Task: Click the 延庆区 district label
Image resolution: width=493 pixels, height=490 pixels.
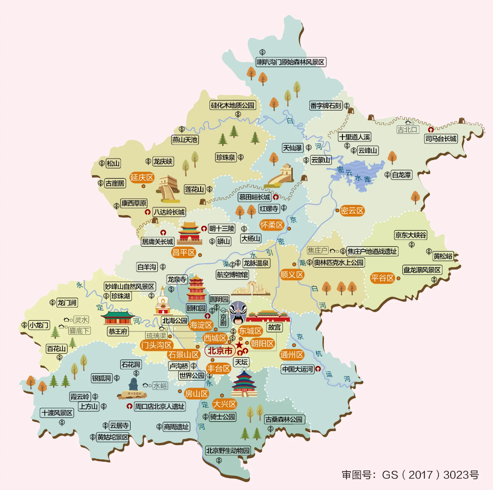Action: click(x=142, y=178)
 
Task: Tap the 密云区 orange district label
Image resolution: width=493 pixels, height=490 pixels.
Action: click(x=353, y=211)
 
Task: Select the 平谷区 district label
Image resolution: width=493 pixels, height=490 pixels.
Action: click(x=382, y=278)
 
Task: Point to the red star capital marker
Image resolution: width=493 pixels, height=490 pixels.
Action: click(x=239, y=345)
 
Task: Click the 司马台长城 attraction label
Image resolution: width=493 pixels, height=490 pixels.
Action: click(x=441, y=139)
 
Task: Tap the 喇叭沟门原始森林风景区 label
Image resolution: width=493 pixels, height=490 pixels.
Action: click(x=291, y=62)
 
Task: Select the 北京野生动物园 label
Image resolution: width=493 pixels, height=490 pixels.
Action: click(x=228, y=450)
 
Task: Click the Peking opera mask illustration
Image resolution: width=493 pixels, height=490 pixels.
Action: click(x=239, y=313)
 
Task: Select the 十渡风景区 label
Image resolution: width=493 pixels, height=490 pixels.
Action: click(x=57, y=413)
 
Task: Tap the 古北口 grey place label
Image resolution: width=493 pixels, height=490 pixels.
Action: click(x=407, y=129)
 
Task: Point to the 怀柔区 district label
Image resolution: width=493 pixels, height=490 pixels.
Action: click(x=271, y=225)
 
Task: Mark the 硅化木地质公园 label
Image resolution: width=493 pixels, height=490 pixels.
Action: click(x=232, y=105)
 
